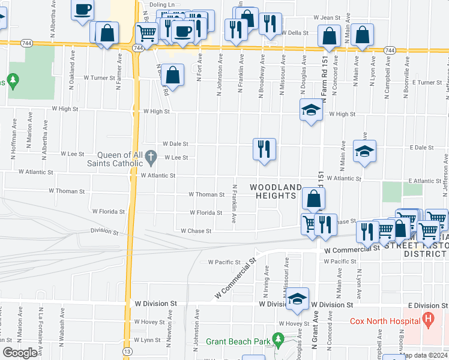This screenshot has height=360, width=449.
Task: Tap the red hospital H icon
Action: [427, 318]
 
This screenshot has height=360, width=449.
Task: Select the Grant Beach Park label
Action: [237, 341]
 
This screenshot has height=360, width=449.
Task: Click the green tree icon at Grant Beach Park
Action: [277, 339]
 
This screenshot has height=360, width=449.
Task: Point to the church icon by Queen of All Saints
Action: [152, 159]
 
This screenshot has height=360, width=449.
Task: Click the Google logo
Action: [20, 353]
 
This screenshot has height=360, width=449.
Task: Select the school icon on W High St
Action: [310, 110]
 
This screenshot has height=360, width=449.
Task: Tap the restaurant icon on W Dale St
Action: [264, 148]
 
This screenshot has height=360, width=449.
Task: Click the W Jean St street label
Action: [327, 18]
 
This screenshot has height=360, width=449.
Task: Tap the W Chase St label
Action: [196, 231]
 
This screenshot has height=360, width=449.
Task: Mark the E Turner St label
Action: [426, 82]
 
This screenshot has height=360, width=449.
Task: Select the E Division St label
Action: [427, 305]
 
